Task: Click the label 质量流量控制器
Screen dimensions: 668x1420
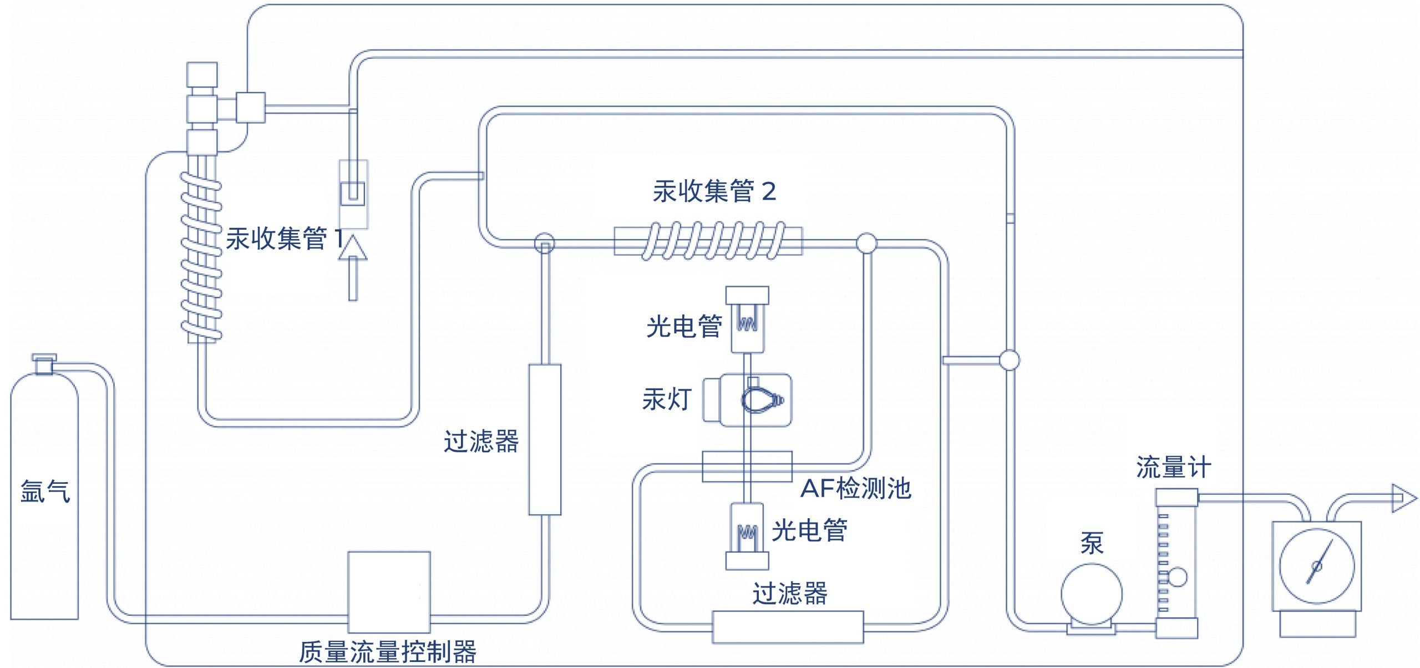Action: click(387, 652)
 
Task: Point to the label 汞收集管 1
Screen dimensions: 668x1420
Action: click(284, 239)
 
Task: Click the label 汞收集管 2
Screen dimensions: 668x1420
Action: click(714, 191)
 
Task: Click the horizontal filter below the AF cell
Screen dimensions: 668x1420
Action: click(788, 627)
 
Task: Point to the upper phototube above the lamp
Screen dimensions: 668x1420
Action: click(747, 320)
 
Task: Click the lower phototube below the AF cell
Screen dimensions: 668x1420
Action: click(747, 535)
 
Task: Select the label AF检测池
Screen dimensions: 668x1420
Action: click(856, 488)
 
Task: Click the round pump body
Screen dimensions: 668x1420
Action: click(1091, 594)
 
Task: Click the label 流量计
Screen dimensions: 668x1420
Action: click(1173, 467)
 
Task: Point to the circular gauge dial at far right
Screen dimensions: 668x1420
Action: click(1316, 566)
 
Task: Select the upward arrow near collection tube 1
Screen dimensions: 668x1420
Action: click(353, 266)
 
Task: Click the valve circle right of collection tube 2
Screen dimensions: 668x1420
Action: click(866, 243)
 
